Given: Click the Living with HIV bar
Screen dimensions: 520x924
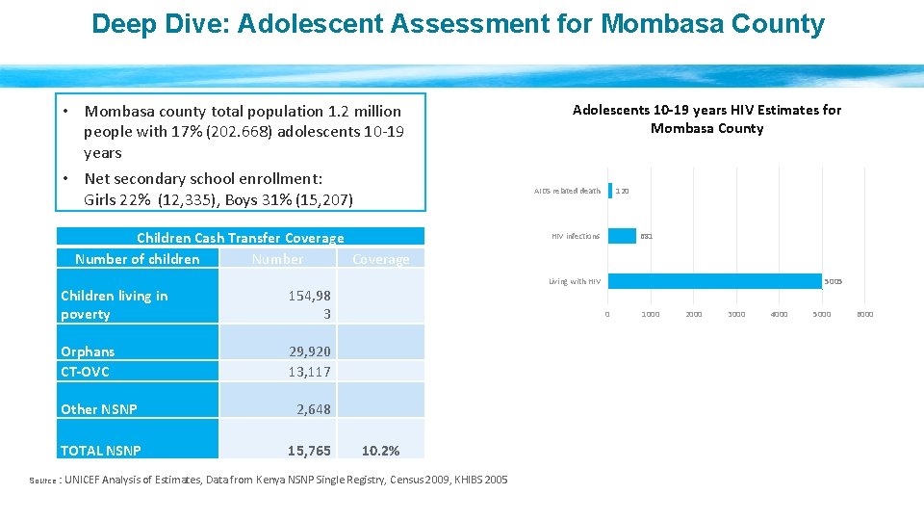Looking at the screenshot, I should [x=714, y=281].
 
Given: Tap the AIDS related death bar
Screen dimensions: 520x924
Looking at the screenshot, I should [x=610, y=191].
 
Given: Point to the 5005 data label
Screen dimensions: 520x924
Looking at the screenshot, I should [x=833, y=281].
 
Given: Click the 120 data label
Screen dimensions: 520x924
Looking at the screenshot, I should [x=623, y=191].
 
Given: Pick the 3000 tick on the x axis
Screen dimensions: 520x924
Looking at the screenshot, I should [x=736, y=314].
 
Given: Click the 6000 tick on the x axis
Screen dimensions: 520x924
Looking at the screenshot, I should [x=864, y=314].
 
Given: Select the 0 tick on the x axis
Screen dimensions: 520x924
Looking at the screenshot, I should [x=606, y=314].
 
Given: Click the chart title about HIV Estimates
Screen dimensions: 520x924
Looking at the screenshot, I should [x=706, y=119].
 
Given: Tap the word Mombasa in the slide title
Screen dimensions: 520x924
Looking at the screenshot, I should [x=654, y=24].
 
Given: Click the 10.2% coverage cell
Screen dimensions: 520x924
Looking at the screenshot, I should [x=380, y=451].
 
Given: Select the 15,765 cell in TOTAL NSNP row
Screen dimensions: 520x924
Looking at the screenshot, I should [x=309, y=451].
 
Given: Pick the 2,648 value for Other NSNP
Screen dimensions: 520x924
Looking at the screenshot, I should [x=313, y=409].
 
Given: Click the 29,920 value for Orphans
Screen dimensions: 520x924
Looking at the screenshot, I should [x=309, y=352].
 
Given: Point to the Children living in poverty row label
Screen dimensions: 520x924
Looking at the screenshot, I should [x=114, y=304].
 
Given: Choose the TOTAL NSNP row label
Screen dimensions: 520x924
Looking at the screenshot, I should [x=101, y=451].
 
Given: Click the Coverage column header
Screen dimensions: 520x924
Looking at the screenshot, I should [x=380, y=259].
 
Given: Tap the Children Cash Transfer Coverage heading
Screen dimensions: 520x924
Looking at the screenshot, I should [x=240, y=238].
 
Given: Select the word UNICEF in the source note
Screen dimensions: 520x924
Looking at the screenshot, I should [x=89, y=480].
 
